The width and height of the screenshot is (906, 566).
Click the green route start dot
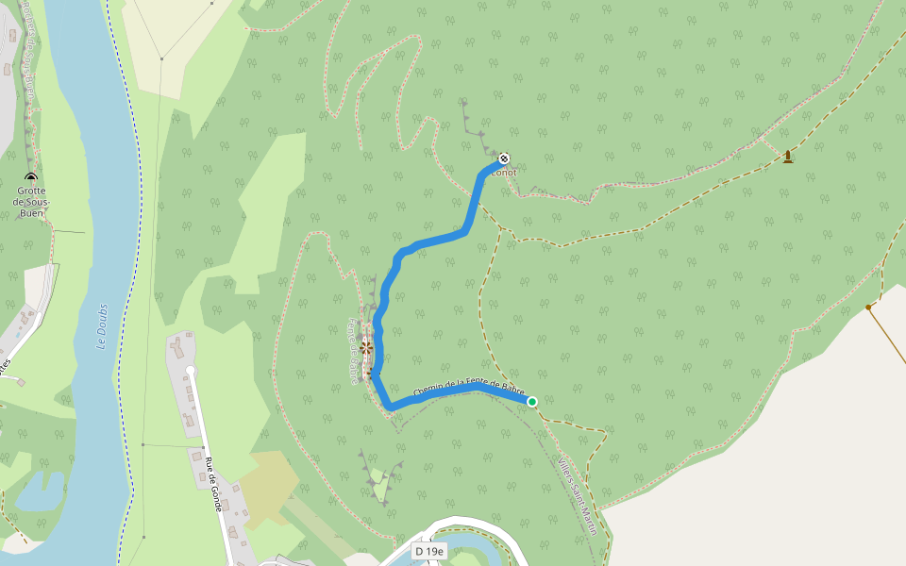(x=532, y=402)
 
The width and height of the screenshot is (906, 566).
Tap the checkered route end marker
(x=505, y=158)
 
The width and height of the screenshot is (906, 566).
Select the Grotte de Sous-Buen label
(x=31, y=201)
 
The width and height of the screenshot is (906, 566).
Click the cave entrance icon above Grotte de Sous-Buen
(x=31, y=176)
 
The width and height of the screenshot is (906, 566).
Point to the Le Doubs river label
(x=102, y=326)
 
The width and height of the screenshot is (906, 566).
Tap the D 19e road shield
(x=428, y=550)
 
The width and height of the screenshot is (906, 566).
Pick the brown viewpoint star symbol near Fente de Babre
(x=366, y=348)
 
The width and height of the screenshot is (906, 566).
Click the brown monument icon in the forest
(x=787, y=156)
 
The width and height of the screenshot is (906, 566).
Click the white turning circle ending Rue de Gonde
(x=191, y=371)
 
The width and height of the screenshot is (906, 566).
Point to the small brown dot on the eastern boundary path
(x=867, y=307)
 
